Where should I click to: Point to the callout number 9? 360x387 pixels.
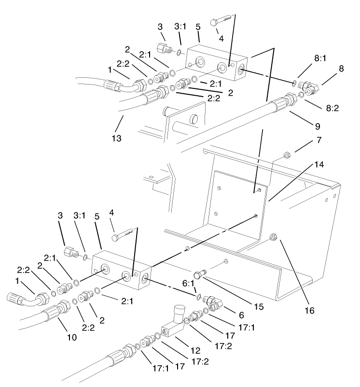point(317,128)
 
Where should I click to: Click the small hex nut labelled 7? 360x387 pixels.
point(286,156)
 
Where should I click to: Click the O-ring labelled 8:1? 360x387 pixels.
point(294,83)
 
